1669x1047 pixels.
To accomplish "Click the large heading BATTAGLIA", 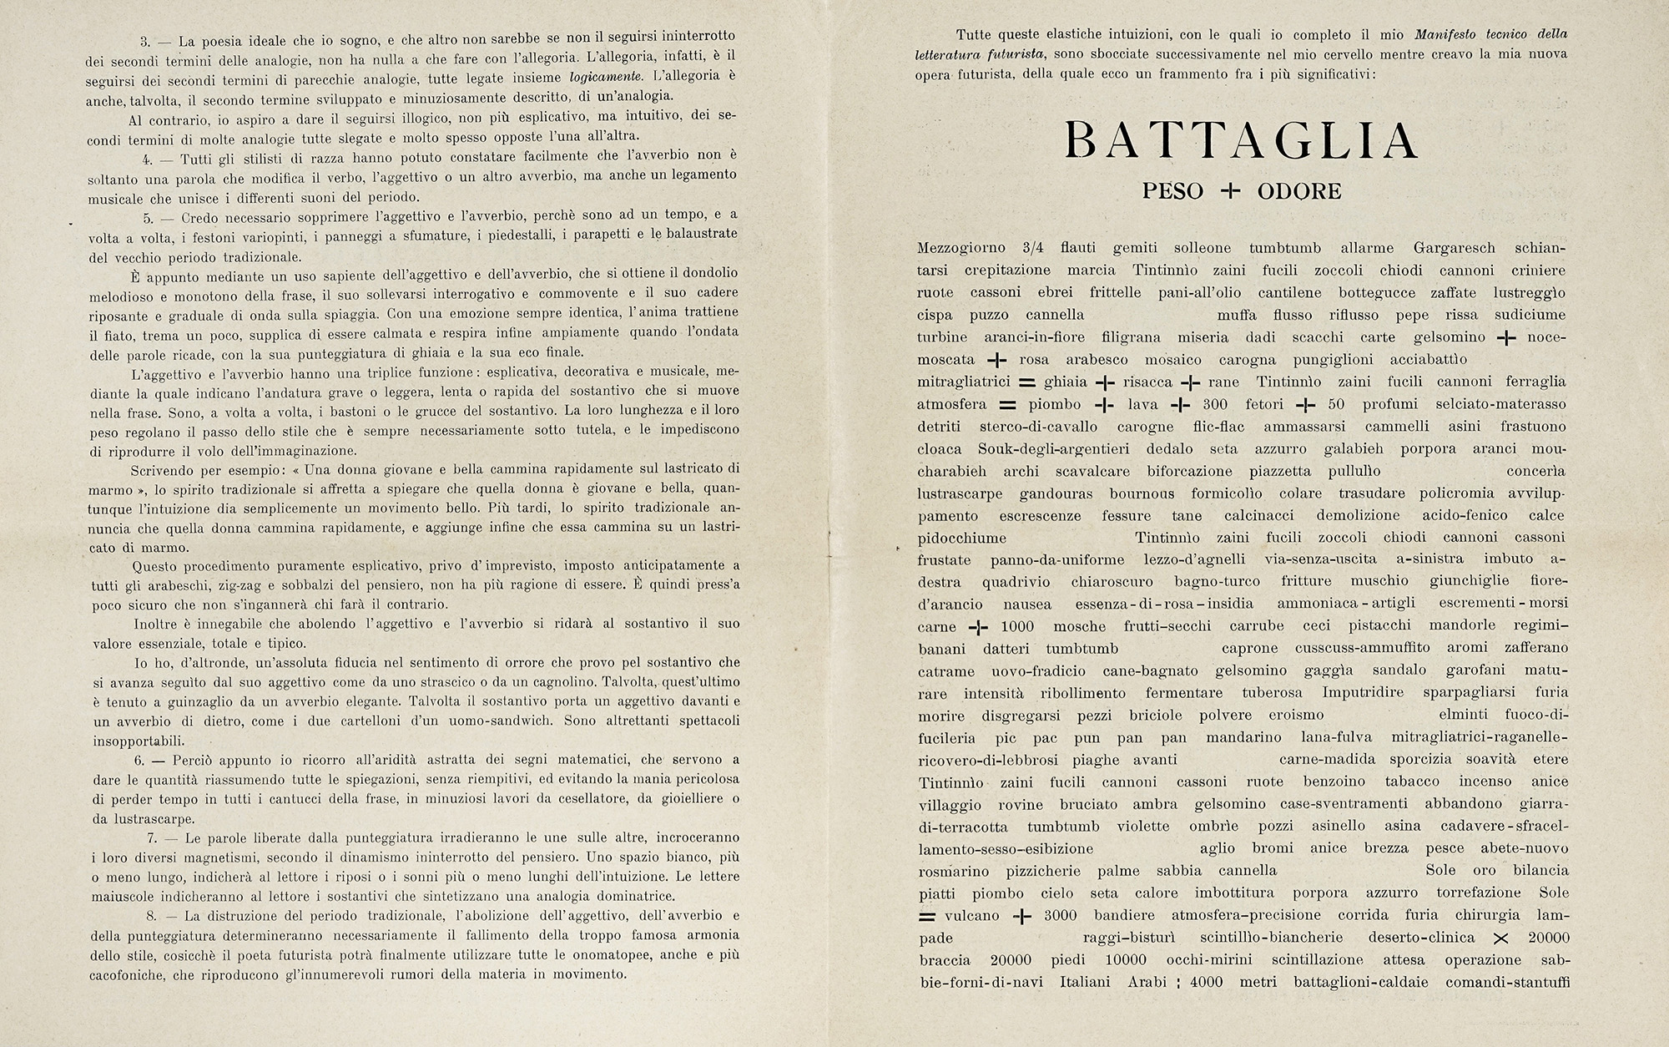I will (x=1242, y=140).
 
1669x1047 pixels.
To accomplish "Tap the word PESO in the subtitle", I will (x=1173, y=192).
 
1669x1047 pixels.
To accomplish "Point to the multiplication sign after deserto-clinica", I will (x=1500, y=938).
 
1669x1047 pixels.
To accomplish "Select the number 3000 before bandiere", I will (x=1060, y=916).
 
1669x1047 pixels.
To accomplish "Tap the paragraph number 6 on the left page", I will (x=140, y=761).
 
